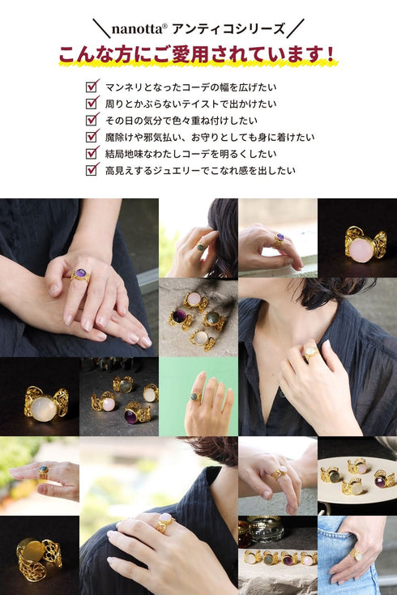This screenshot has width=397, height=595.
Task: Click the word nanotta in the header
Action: point(135,28)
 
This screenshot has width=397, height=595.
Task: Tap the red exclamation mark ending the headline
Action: point(330,55)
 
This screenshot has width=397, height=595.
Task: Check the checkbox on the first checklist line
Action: point(92,86)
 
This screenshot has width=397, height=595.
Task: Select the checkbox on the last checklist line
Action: point(92,170)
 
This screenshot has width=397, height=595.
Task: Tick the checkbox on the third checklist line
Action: point(92,120)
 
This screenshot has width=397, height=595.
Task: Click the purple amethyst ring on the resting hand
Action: point(79,276)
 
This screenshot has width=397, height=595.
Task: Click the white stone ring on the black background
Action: point(44,407)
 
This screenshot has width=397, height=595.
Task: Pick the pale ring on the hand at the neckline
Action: point(309,352)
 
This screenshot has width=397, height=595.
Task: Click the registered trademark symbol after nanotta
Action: point(164,24)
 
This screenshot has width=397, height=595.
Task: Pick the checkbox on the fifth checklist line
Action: point(92,153)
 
